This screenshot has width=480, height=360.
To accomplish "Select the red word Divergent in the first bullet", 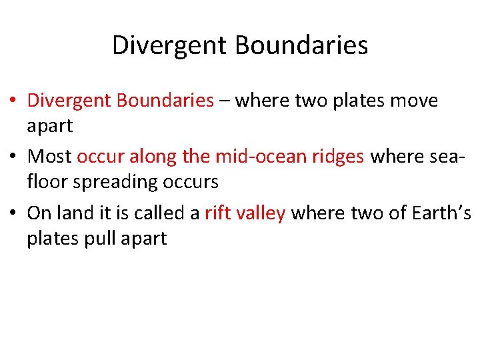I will click(x=69, y=101).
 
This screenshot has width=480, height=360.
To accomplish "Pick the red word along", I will click(x=153, y=157).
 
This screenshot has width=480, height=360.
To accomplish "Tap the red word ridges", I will click(x=338, y=157).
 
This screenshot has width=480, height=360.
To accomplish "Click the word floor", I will click(x=43, y=181).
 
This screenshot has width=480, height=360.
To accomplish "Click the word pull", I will click(x=95, y=239).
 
